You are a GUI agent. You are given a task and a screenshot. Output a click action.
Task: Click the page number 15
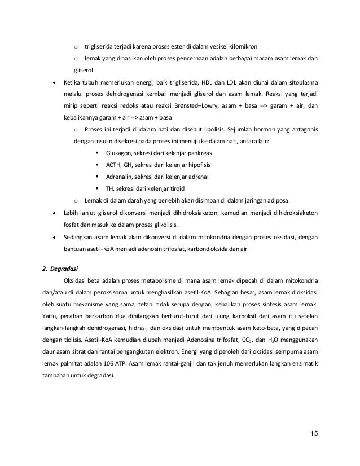tap(314, 433)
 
